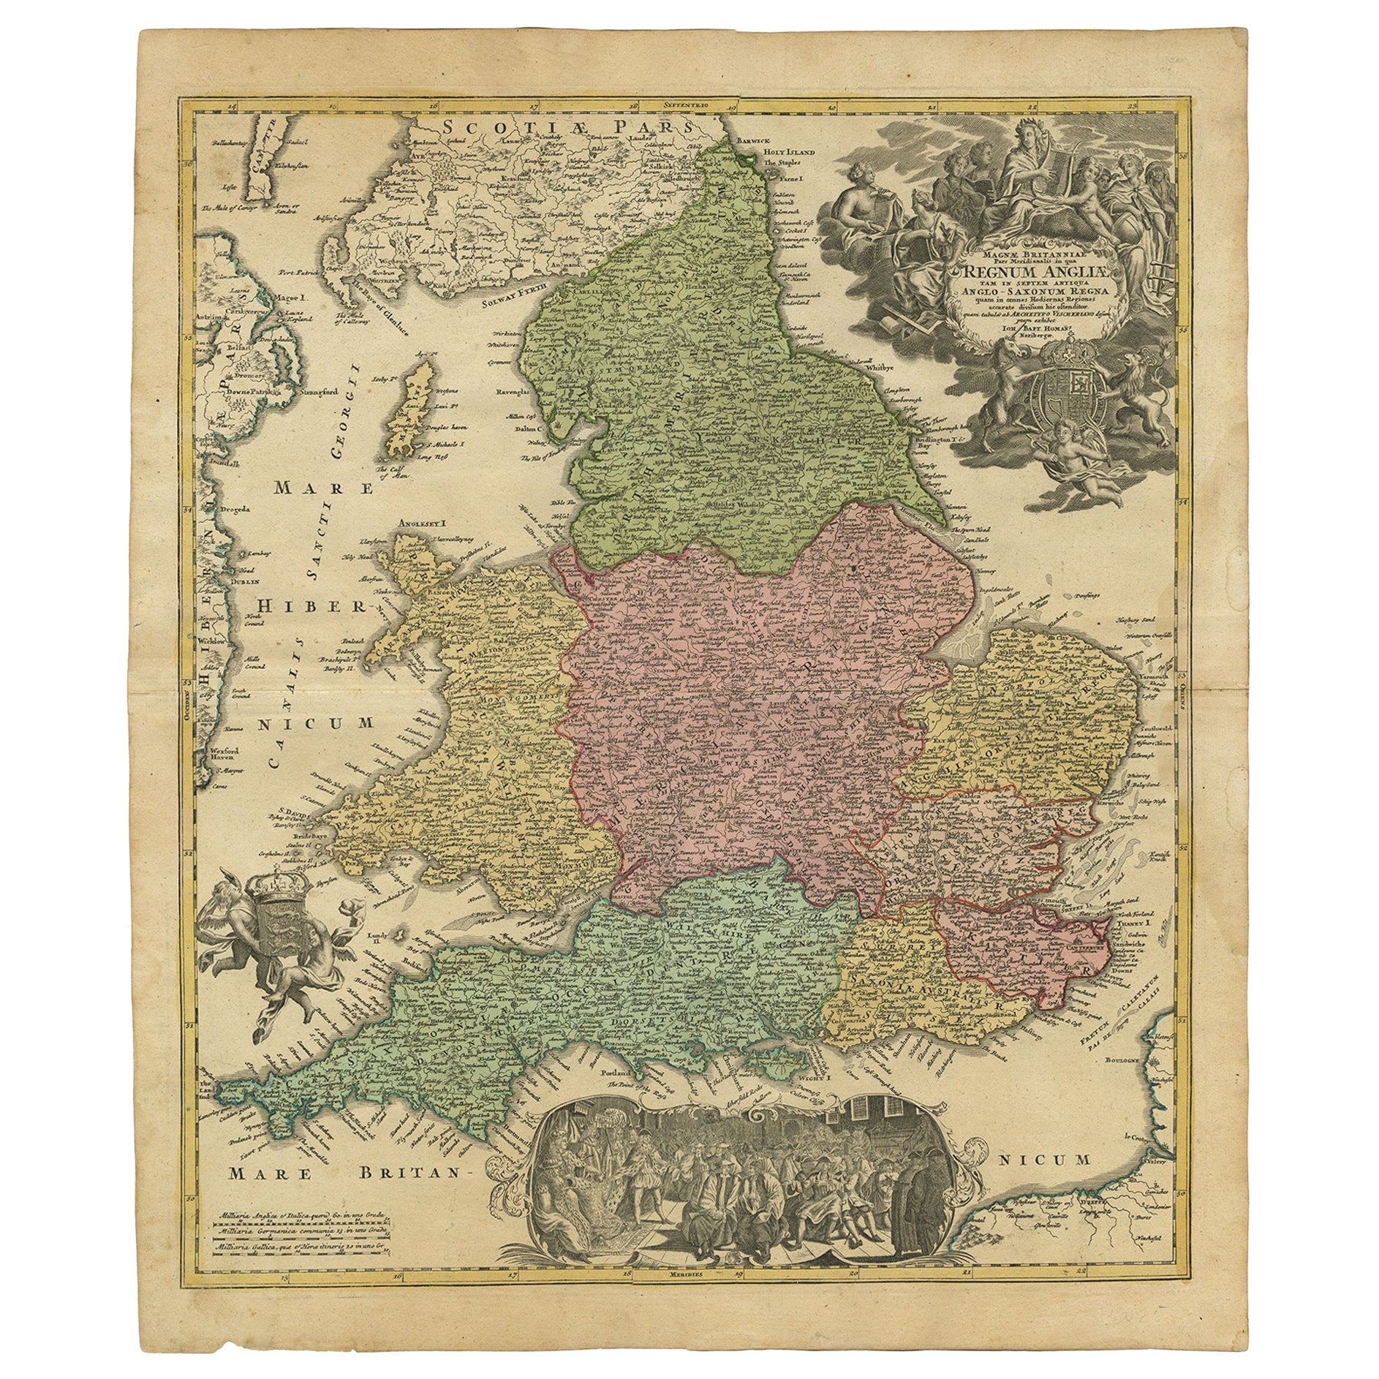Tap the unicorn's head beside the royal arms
1003,358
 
